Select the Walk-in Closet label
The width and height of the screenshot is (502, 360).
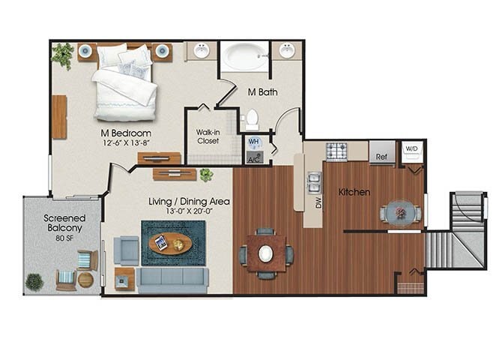tap(208, 136)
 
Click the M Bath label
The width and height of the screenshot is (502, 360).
tap(263, 92)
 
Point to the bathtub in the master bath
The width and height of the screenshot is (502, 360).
tap(243, 55)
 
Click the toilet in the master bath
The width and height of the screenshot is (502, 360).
tap(252, 118)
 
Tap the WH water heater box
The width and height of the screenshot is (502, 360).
tap(253, 142)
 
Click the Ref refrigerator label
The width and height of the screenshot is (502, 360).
tap(381, 157)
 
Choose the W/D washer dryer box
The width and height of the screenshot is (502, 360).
tap(412, 148)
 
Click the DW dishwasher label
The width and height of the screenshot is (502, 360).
tap(318, 202)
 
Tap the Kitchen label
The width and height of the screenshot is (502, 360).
tap(354, 192)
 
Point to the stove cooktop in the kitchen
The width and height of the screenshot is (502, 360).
tap(336, 151)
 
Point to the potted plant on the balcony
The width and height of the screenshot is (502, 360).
tap(34, 281)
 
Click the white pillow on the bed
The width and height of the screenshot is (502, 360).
tap(112, 55)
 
